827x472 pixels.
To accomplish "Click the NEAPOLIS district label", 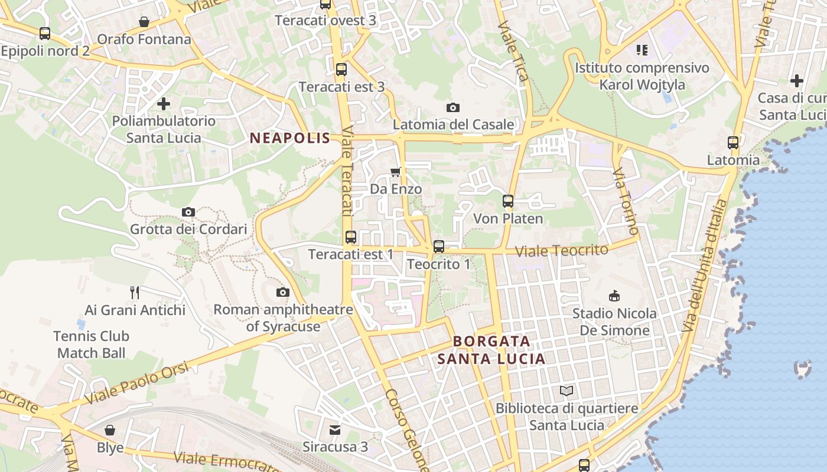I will [x=289, y=139].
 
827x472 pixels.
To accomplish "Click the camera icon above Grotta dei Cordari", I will [x=188, y=212].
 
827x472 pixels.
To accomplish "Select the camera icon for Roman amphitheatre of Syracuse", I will [x=283, y=292].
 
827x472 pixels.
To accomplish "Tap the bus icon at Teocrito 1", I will [x=438, y=247].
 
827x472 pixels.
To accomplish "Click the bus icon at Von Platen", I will [x=508, y=201].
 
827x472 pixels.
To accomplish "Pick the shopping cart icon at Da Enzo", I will [x=396, y=172].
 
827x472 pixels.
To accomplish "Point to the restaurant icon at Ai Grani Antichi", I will [x=135, y=292].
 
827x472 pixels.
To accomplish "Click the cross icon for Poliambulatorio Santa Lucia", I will [x=164, y=104].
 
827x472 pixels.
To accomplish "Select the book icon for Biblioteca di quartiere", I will [x=566, y=391].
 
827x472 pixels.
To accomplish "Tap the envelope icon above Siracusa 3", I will [x=335, y=430].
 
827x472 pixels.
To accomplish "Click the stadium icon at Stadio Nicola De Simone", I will [x=614, y=296].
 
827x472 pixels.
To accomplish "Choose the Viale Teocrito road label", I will [x=561, y=251].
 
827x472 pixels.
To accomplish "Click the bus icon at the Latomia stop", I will [x=733, y=142].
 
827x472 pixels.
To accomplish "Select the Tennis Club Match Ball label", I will [x=91, y=345].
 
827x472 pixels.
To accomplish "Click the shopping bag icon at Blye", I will [x=110, y=430].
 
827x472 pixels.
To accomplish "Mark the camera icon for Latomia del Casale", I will [x=453, y=107].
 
